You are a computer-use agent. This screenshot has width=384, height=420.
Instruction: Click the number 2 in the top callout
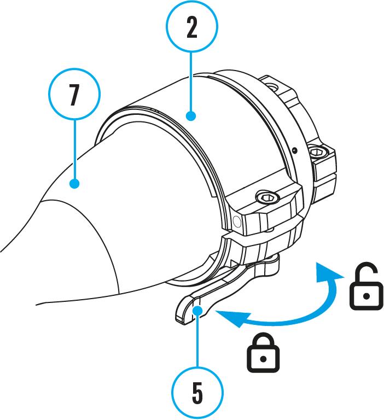coord(191,28)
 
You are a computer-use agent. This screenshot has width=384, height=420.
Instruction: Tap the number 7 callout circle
coord(74,95)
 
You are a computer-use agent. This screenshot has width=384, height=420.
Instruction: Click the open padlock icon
coord(366,288)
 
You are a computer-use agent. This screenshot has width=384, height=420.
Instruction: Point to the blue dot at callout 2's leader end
coord(191,116)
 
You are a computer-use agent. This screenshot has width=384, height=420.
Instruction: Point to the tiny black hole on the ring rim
coord(294,148)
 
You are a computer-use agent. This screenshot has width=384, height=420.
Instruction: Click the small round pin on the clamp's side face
coord(236,220)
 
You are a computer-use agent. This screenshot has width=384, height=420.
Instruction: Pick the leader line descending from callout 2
coord(191,82)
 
